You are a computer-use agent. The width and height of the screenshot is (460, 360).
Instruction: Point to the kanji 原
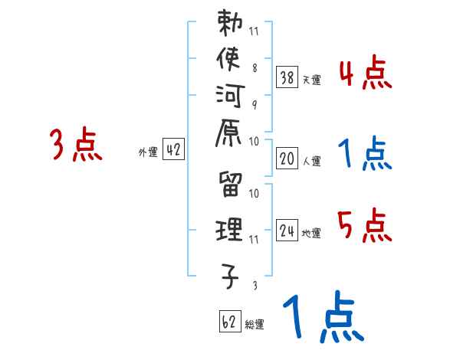[230, 141]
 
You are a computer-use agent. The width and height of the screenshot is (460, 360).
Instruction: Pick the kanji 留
[230, 186]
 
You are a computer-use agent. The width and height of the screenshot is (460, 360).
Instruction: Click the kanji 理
[230, 231]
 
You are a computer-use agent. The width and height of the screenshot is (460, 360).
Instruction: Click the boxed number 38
[287, 77]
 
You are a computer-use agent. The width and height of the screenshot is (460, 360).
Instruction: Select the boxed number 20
[287, 159]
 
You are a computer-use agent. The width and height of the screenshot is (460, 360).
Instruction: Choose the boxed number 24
[287, 231]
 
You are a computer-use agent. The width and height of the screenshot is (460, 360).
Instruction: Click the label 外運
[147, 152]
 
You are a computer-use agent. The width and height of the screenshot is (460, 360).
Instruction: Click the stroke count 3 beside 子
[254, 285]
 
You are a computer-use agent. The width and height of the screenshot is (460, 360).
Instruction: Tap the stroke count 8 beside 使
[254, 68]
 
